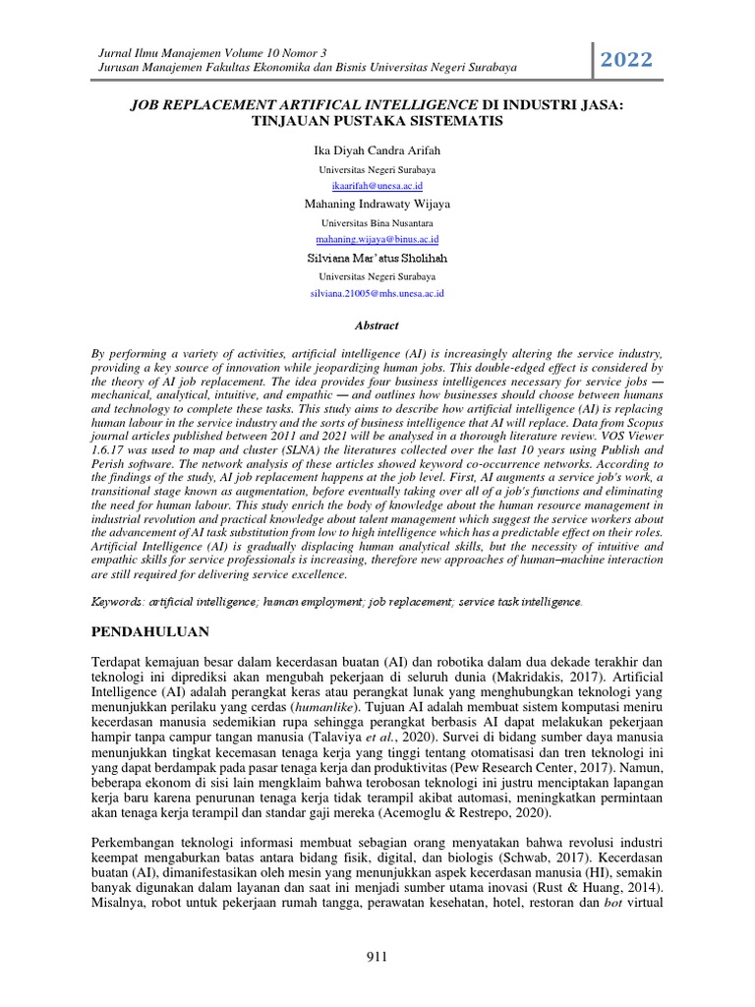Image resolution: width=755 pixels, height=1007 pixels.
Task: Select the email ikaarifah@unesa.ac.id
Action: (x=377, y=185)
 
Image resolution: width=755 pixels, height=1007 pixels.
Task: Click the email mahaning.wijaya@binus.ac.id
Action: (x=377, y=239)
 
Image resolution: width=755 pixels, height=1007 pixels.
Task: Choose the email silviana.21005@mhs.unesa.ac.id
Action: (x=377, y=293)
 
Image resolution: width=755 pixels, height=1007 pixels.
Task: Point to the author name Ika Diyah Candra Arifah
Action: (x=377, y=150)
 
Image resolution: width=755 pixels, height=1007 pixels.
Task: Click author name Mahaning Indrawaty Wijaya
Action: (x=377, y=205)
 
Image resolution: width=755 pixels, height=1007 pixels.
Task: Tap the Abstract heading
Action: (x=377, y=325)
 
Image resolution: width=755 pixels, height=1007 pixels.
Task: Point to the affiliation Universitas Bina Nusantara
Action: (x=377, y=223)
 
